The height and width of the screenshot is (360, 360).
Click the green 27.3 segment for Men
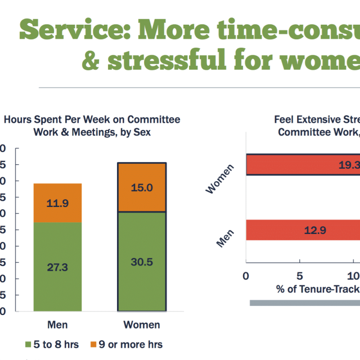point(57,267)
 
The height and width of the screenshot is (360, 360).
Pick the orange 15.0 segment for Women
point(142,187)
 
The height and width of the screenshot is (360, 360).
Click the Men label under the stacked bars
point(57,325)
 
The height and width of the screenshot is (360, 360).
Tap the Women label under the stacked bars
point(142,325)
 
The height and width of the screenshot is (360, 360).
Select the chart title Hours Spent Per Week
point(92,125)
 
